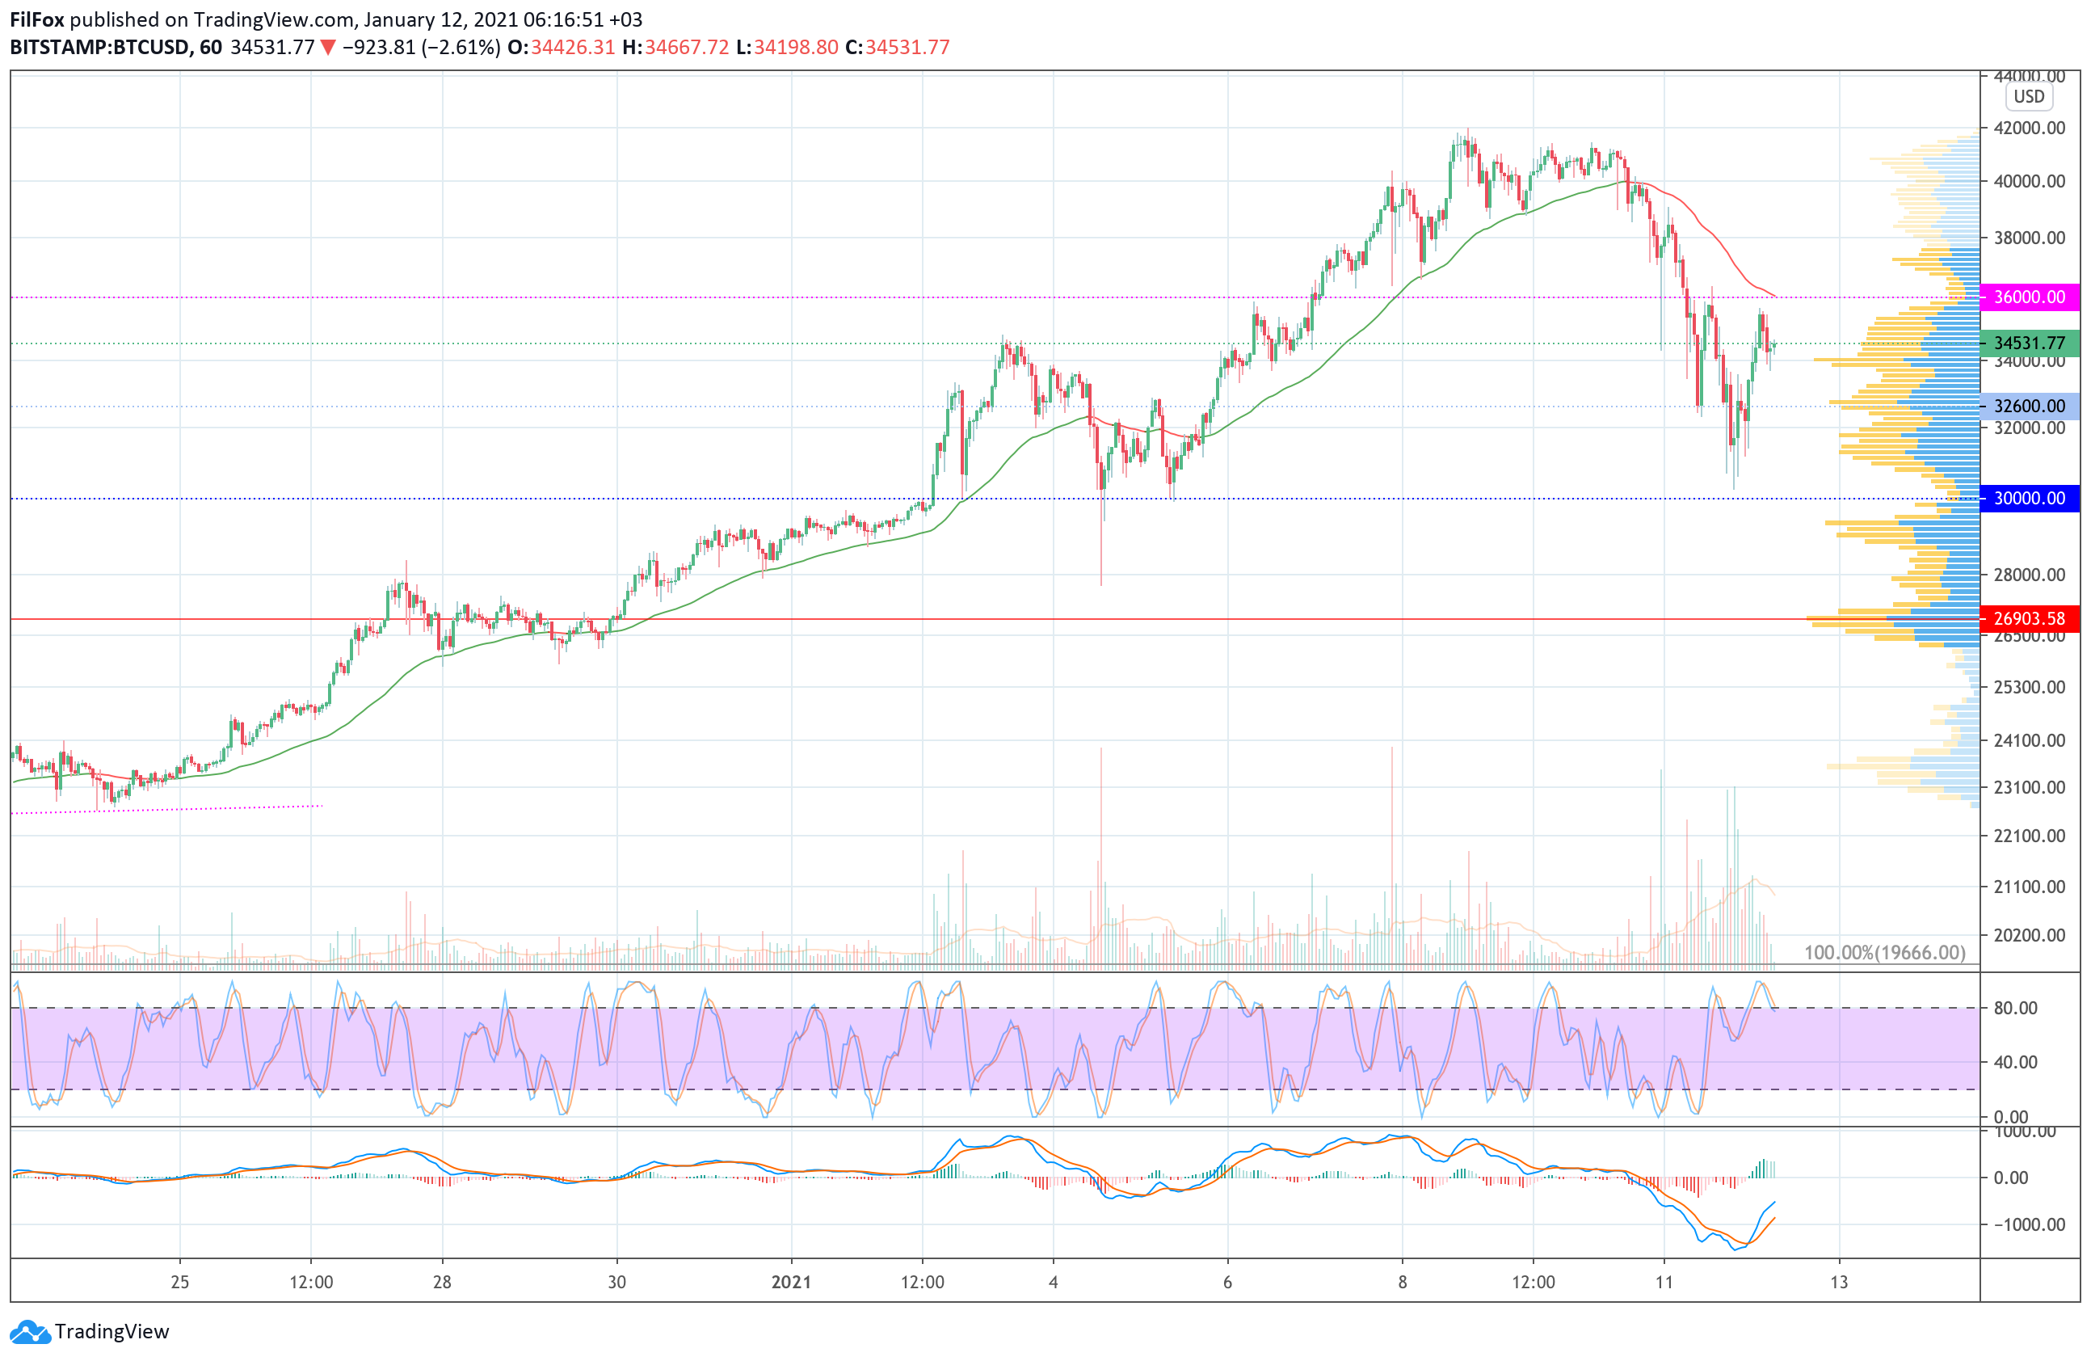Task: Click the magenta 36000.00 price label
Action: coord(2029,297)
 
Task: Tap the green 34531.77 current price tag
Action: coord(2029,343)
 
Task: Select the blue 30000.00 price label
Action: coord(2029,498)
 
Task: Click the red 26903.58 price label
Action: coord(2029,618)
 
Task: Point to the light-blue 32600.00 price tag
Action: coord(2029,406)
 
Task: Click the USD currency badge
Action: coord(2029,97)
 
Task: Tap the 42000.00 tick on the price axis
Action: coord(2029,129)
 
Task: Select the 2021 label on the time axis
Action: coord(791,1282)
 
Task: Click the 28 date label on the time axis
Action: coord(442,1282)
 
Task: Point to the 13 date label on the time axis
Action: coord(1839,1282)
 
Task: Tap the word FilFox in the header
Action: coord(37,19)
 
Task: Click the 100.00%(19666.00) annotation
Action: coord(1883,952)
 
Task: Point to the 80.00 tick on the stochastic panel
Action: coord(2015,1008)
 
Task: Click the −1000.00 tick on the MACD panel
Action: coord(2021,1224)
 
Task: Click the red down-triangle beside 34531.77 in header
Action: coord(328,48)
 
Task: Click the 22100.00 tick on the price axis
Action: coord(2029,836)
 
